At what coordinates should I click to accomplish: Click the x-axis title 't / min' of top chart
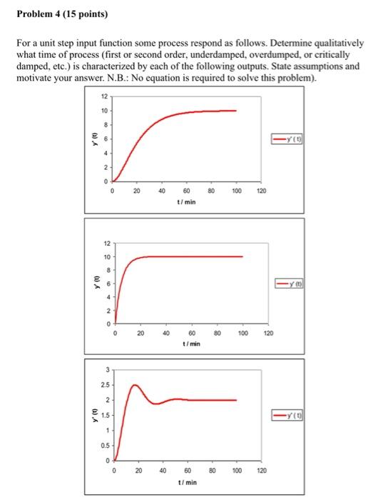185,202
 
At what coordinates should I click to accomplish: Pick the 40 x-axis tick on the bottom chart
162,471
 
